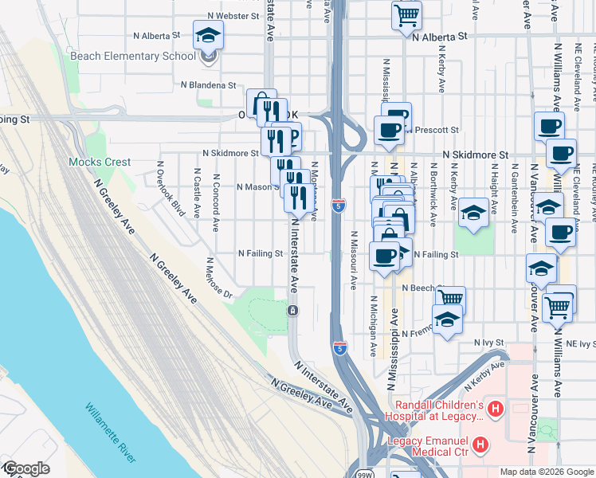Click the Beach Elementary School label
coord(133,57)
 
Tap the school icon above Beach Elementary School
coord(209,37)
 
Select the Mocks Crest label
coord(100,162)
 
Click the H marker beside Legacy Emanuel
coord(480,443)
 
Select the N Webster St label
coord(233,16)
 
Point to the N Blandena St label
coord(208,84)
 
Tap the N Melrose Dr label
coord(218,279)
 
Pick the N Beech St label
coord(423,288)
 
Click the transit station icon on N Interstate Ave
coord(293,310)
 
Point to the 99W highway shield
coord(366,475)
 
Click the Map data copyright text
coord(545,472)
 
